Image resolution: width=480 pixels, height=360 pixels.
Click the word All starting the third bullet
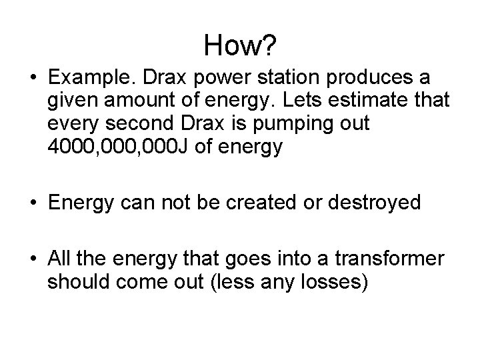pyautogui.click(x=61, y=259)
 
